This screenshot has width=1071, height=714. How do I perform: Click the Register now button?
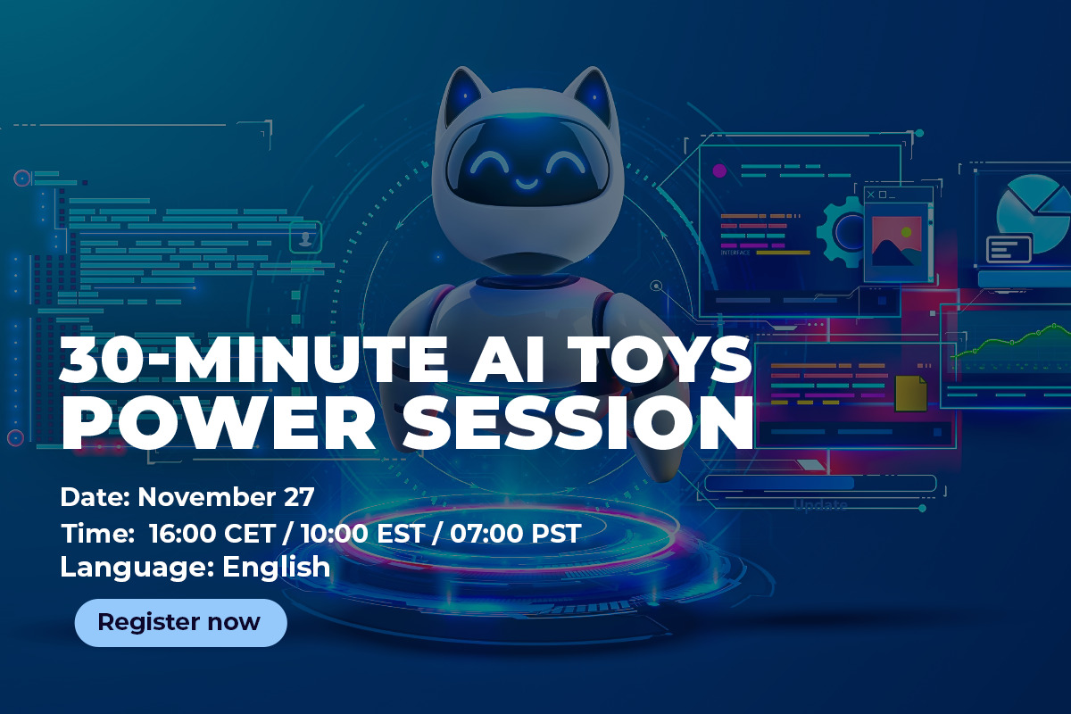click(x=180, y=623)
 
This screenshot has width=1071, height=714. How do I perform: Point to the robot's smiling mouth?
click(x=527, y=183)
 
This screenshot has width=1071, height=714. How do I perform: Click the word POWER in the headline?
click(x=219, y=422)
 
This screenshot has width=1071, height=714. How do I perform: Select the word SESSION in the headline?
click(x=577, y=422)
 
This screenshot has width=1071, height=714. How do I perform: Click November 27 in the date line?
click(x=226, y=497)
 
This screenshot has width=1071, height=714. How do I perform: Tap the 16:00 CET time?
click(x=212, y=533)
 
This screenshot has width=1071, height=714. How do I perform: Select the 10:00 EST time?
click(x=363, y=533)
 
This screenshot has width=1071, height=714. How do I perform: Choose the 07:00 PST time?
click(x=516, y=533)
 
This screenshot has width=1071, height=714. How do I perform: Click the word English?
click(x=277, y=567)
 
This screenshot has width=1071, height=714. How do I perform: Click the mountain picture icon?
click(x=896, y=241)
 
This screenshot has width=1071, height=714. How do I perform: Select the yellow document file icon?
click(x=910, y=393)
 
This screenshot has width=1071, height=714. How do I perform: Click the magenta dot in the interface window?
click(x=719, y=170)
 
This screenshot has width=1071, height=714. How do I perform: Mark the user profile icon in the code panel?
click(x=305, y=237)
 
